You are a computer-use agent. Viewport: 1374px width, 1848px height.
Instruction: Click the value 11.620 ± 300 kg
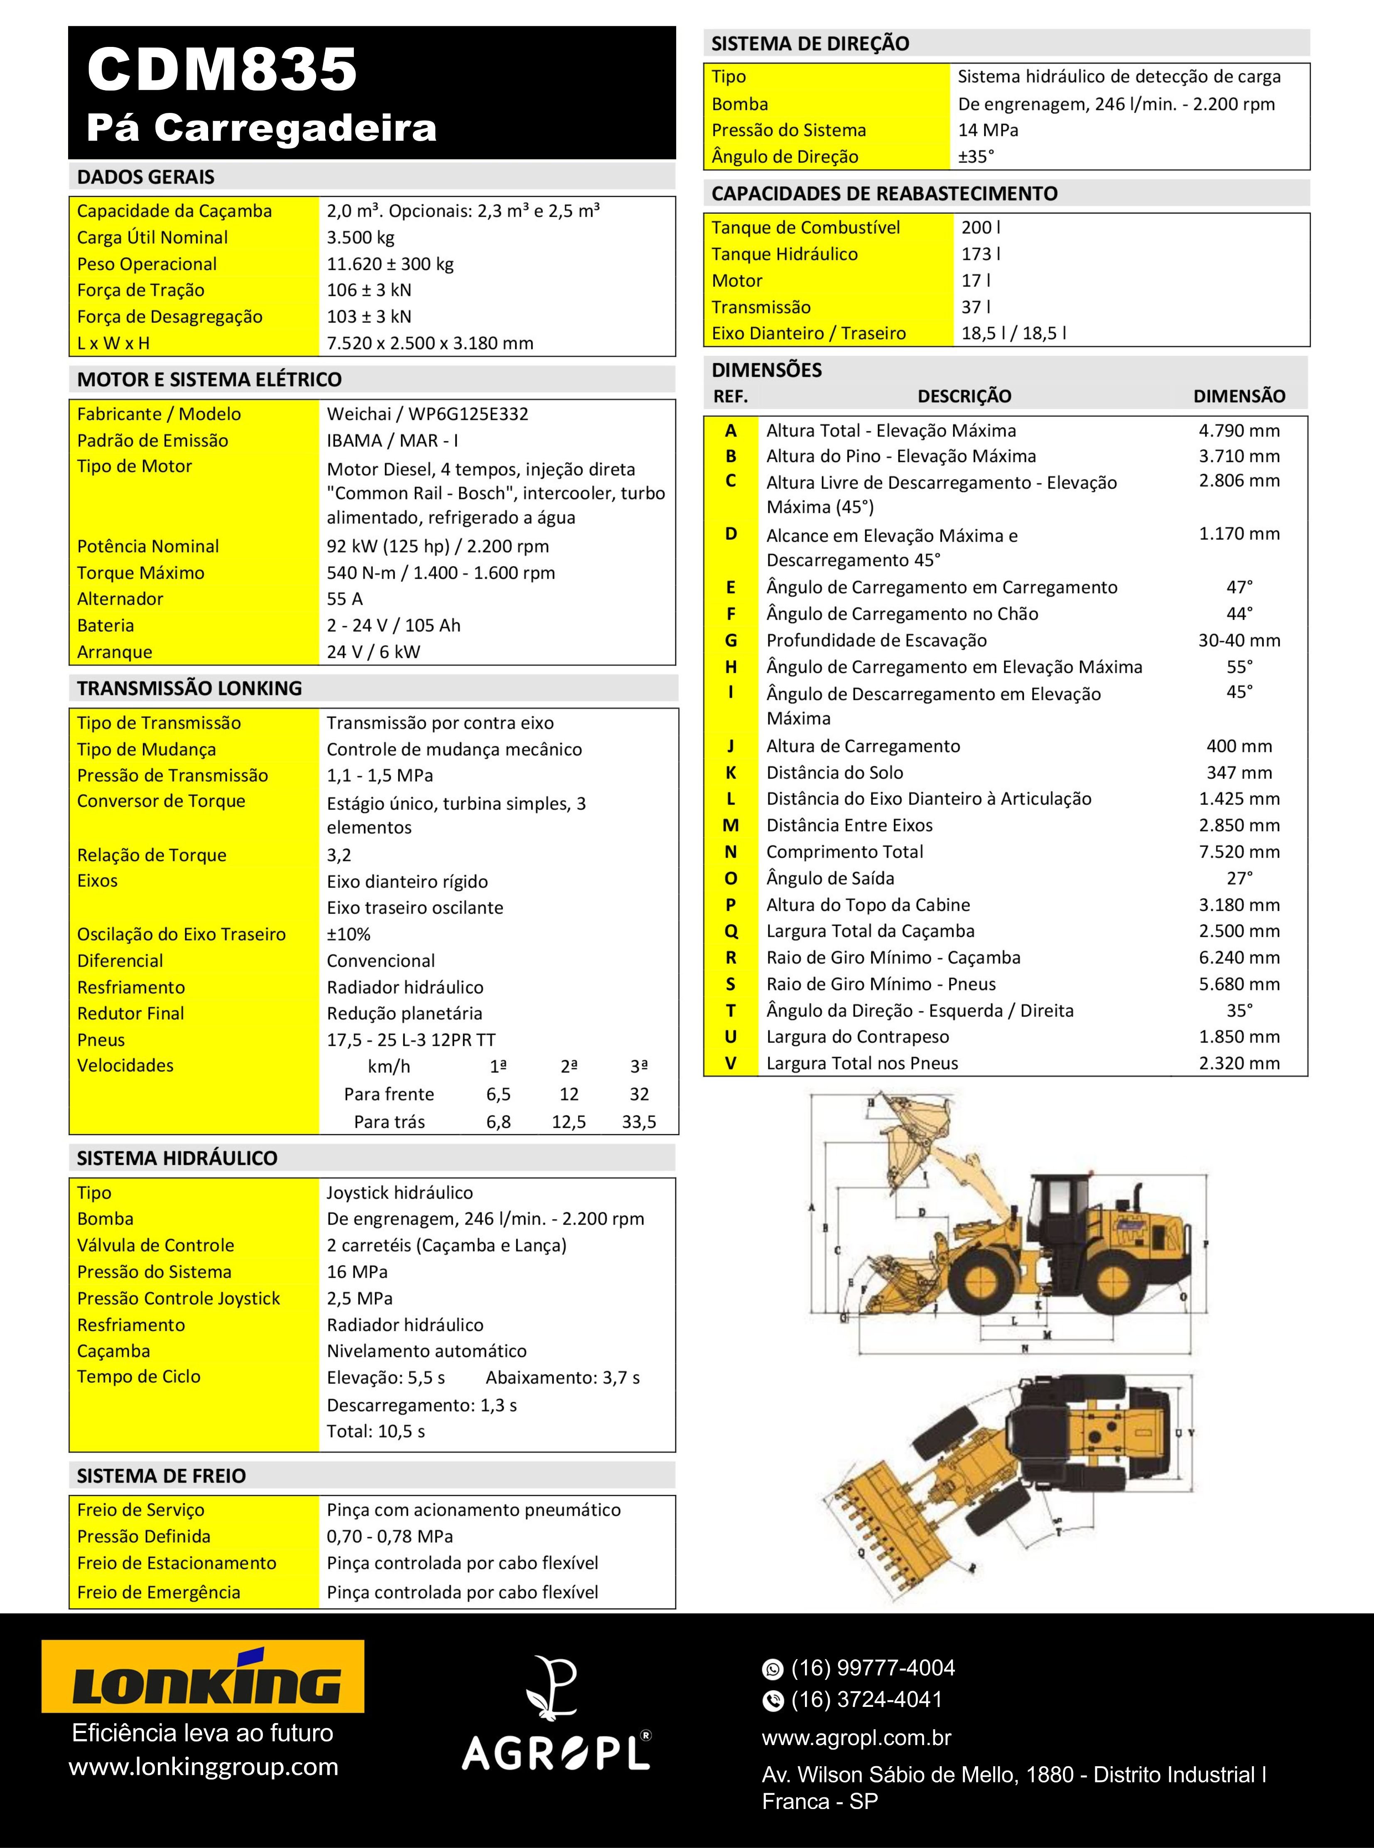390,264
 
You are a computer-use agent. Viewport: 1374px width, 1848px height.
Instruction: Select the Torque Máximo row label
140,573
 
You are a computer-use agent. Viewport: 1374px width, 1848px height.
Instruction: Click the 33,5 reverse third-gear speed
639,1122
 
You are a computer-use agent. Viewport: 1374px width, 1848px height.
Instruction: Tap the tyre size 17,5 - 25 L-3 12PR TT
411,1040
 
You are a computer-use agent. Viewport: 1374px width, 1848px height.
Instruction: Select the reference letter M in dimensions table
730,826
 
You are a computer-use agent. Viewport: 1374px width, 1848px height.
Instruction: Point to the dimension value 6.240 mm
1239,958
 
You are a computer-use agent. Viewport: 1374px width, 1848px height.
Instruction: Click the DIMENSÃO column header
1239,396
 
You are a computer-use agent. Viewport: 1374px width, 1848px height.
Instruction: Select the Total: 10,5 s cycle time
376,1432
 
